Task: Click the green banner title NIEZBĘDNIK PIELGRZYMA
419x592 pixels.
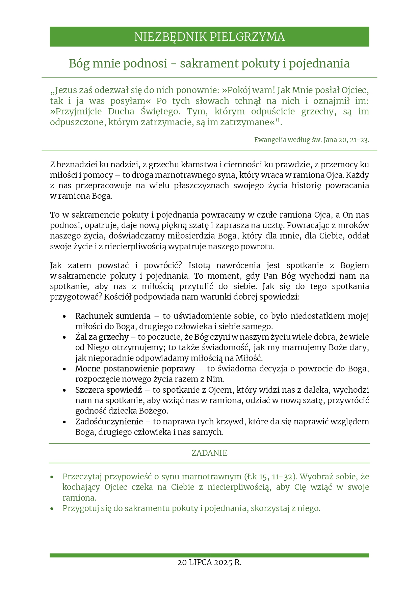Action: tap(209, 37)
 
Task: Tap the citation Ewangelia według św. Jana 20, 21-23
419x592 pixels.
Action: tap(311, 140)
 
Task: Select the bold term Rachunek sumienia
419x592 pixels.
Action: tap(112, 316)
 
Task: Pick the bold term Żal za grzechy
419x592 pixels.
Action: tap(102, 337)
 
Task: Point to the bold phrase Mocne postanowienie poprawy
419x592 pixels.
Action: tap(135, 369)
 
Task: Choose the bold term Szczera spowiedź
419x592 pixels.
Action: tap(108, 390)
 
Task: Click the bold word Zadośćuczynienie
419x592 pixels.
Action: tap(109, 422)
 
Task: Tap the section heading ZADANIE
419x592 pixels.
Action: tap(209, 453)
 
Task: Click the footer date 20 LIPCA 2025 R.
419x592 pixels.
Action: tap(209, 563)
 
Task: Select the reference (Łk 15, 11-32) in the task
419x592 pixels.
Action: tap(270, 477)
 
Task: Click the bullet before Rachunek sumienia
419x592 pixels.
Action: tap(64, 317)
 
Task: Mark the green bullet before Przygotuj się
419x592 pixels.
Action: tap(52, 509)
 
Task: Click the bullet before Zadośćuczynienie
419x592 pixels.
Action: tap(64, 422)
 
